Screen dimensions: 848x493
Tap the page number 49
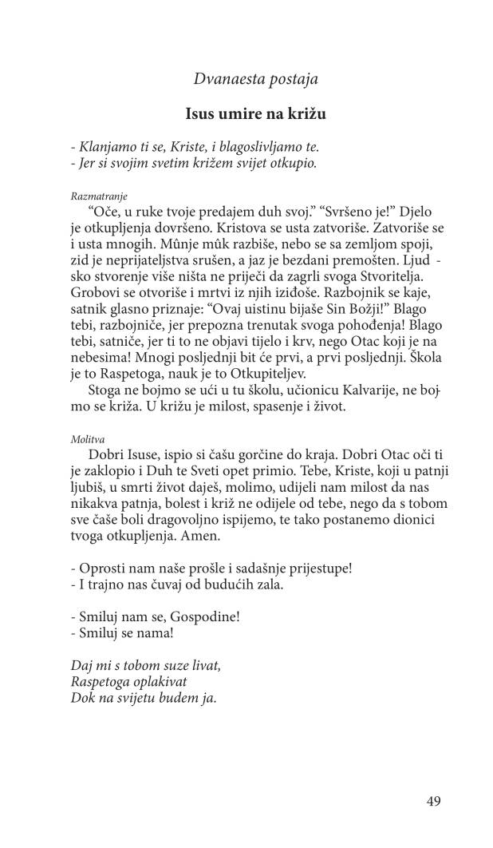point(433,801)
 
